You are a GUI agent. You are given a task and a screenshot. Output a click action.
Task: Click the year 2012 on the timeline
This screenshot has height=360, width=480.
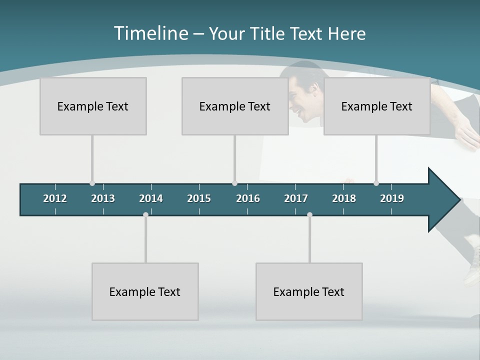tap(55, 198)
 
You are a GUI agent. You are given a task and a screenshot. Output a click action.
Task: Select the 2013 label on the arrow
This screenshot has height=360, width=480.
tap(103, 198)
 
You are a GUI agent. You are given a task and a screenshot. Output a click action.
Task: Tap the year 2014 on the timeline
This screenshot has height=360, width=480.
tap(151, 198)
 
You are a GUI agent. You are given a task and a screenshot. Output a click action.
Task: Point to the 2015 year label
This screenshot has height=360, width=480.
tap(199, 198)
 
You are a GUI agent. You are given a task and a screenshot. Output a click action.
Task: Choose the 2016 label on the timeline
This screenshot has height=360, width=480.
tap(248, 198)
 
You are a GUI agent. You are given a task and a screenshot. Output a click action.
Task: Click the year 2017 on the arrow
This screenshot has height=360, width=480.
tap(296, 198)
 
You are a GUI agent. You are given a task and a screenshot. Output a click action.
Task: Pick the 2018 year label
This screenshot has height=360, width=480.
tap(344, 198)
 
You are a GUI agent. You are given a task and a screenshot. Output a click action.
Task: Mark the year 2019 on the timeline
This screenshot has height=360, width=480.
tap(392, 198)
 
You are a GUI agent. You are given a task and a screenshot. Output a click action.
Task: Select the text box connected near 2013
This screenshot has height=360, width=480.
tap(93, 106)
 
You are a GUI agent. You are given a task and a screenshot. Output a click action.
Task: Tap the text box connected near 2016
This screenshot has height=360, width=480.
tap(235, 106)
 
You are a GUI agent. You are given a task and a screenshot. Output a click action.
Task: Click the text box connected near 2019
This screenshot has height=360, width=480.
tap(377, 106)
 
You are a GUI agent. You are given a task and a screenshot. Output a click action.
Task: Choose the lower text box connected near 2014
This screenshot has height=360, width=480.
tap(145, 291)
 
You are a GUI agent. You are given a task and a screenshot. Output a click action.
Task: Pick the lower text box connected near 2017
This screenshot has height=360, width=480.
tap(309, 291)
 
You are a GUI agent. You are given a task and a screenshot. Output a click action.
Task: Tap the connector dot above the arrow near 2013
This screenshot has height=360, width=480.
tap(92, 183)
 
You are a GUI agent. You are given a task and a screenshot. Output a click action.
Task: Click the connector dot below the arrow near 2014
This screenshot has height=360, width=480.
tap(145, 215)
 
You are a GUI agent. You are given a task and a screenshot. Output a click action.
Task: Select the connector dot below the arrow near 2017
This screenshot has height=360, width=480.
tap(309, 215)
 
